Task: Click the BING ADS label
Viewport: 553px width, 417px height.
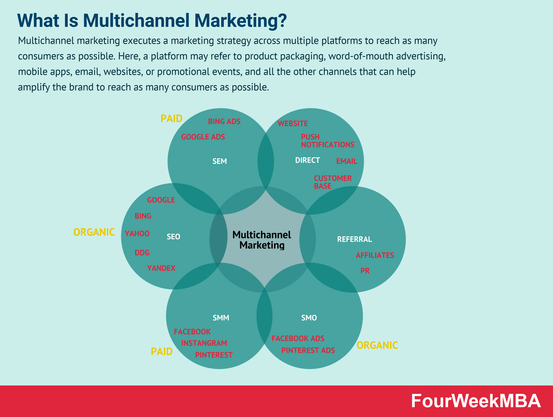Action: [x=224, y=121]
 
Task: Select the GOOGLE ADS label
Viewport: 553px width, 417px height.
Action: [x=203, y=137]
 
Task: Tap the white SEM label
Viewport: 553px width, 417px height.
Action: [x=219, y=161]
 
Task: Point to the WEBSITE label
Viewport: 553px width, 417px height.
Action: [x=293, y=124]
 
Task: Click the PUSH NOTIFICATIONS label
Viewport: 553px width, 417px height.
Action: [x=327, y=141]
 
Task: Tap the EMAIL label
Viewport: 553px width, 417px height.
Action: [x=346, y=161]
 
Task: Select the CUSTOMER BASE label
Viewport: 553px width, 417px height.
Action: [x=333, y=182]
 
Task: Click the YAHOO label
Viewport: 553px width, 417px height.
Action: [x=137, y=233]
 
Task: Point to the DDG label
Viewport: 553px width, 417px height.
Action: [x=142, y=253]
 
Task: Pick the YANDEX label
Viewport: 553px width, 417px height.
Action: [x=161, y=268]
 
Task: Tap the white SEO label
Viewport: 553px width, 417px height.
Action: [x=173, y=237]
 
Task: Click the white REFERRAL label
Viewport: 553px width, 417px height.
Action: [x=354, y=239]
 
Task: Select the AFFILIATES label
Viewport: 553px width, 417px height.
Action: [x=375, y=255]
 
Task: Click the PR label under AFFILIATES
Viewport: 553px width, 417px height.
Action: [x=365, y=271]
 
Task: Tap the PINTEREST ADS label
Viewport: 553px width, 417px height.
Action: [x=308, y=350]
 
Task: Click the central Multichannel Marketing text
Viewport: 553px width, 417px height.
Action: [x=262, y=240]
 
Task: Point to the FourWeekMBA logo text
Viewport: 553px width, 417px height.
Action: [x=476, y=401]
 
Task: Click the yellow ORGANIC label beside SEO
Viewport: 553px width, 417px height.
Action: [x=94, y=232]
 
